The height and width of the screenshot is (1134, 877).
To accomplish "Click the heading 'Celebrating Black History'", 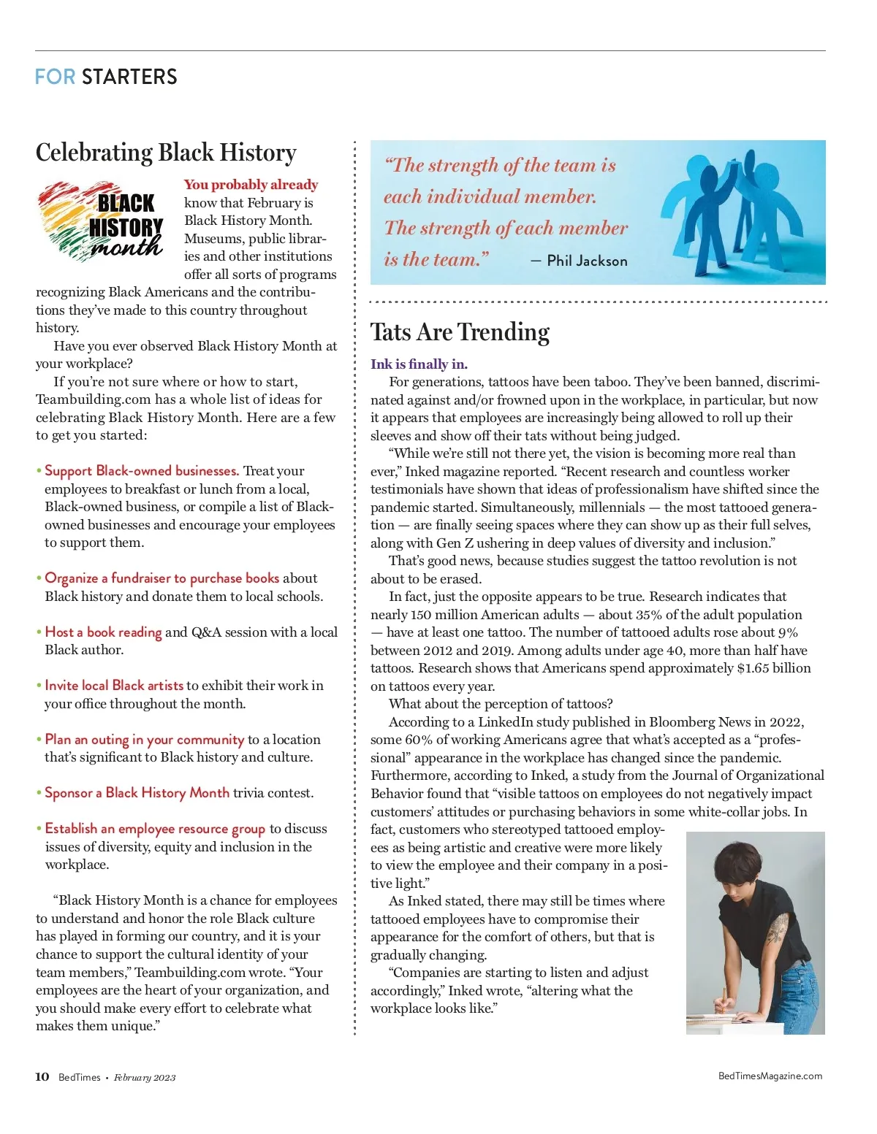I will [x=166, y=153].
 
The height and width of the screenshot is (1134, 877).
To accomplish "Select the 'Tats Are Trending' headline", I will [x=460, y=332].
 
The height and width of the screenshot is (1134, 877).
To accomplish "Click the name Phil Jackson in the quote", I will [x=587, y=261].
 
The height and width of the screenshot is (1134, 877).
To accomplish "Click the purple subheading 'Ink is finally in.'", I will [x=419, y=364].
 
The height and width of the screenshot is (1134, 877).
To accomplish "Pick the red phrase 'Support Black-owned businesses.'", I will [x=142, y=471].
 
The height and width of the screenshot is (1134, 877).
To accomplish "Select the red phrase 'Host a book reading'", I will [x=103, y=632].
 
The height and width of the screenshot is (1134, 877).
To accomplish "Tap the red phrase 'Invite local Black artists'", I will [x=114, y=686].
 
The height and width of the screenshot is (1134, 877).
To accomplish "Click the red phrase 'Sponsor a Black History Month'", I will [x=137, y=793].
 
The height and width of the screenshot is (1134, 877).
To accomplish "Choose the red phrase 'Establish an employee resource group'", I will [x=155, y=829].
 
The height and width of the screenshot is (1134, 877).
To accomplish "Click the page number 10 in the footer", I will [x=42, y=1076].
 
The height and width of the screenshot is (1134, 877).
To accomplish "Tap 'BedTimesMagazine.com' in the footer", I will [x=770, y=1076].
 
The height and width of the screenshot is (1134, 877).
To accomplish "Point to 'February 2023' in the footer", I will [x=145, y=1077].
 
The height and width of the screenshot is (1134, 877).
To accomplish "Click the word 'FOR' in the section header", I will [x=55, y=77].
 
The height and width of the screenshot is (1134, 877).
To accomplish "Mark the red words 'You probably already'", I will [x=251, y=185].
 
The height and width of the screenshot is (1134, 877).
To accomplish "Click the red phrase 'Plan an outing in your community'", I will [x=145, y=740].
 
